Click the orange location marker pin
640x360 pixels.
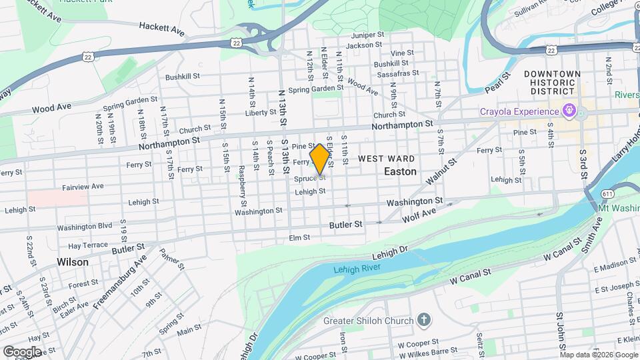click(x=320, y=158)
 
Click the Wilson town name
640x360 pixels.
click(x=72, y=262)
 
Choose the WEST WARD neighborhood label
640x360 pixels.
click(x=386, y=159)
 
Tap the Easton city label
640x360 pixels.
click(x=400, y=171)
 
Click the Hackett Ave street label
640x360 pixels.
click(x=161, y=27)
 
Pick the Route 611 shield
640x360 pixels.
click(x=607, y=193)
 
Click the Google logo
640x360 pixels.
click(x=22, y=351)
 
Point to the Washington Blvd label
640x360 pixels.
click(x=85, y=227)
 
